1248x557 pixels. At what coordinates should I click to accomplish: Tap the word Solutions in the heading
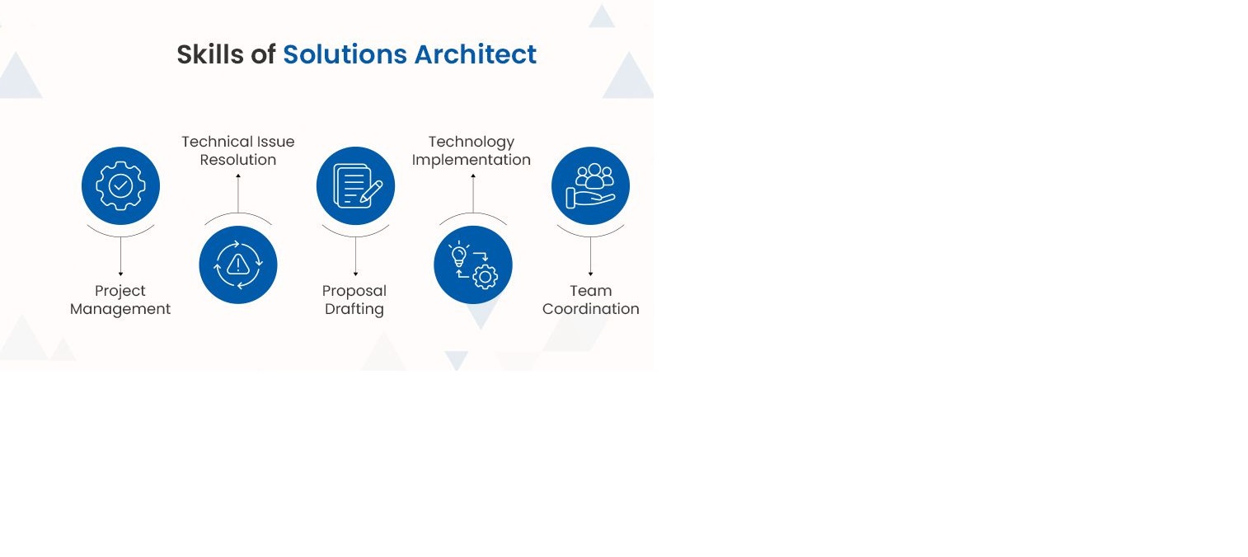(x=345, y=54)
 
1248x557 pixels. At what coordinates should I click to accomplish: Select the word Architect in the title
(x=475, y=54)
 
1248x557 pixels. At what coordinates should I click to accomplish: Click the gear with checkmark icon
(x=120, y=185)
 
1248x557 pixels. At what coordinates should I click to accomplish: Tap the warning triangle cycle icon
(x=238, y=264)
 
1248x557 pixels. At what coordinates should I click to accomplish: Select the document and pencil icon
(x=355, y=185)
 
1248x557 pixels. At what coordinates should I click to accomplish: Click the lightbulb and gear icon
(x=473, y=264)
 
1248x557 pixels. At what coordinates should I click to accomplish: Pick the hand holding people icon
(x=590, y=185)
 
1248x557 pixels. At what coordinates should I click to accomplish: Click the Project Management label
(x=120, y=300)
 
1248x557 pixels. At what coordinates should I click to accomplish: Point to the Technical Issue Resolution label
(x=238, y=151)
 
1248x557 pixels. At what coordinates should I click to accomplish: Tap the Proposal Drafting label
(x=354, y=300)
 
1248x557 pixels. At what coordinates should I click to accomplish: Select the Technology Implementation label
(x=472, y=151)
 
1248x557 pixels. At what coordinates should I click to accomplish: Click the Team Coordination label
(x=590, y=300)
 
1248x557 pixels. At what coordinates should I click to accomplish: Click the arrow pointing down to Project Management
(x=120, y=256)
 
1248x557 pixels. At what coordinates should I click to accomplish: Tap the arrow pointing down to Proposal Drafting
(x=355, y=256)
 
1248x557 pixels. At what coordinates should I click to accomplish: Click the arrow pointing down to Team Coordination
(x=590, y=256)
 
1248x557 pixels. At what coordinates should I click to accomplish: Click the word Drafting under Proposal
(x=354, y=310)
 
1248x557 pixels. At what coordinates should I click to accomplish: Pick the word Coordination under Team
(x=590, y=310)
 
